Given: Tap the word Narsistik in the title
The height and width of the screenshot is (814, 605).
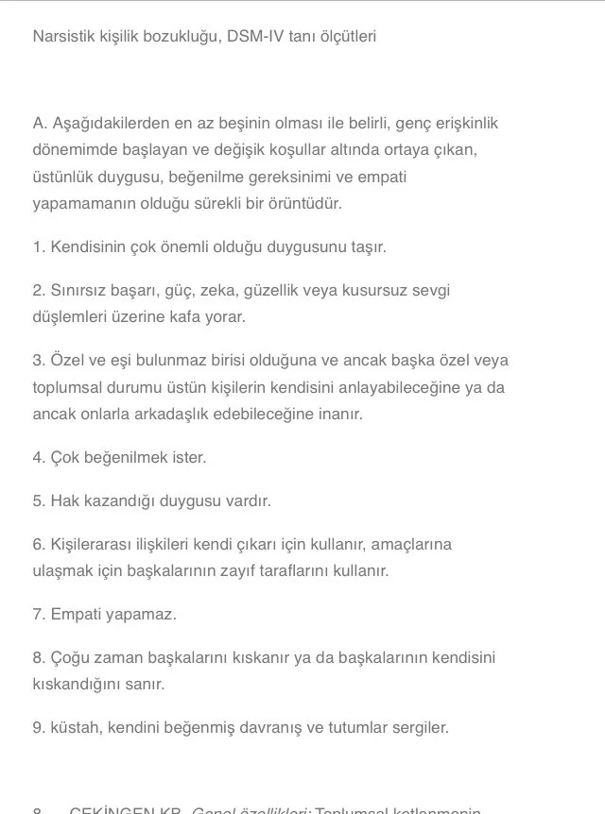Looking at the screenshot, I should click(65, 37).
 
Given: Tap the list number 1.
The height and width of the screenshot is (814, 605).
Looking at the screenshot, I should click(38, 246).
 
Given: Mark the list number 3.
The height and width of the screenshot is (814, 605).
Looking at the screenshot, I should click(38, 360).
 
